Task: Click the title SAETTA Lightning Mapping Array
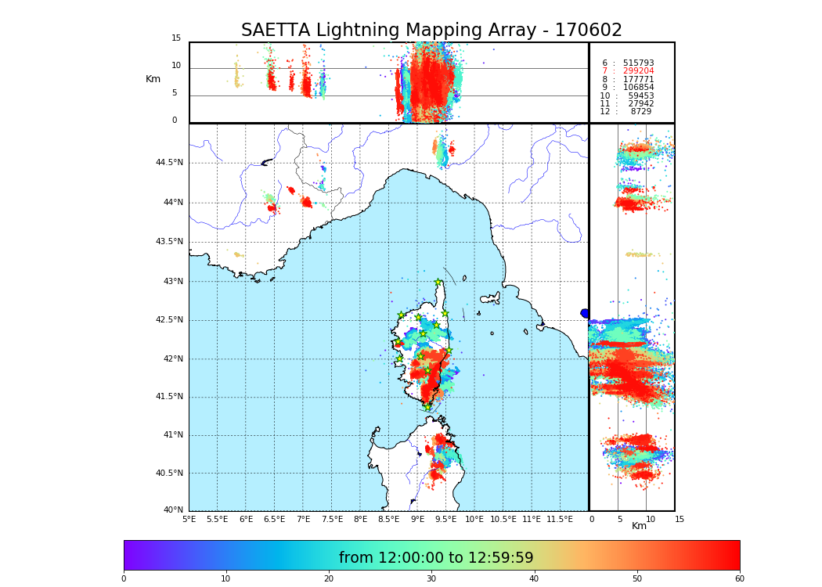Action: point(431,31)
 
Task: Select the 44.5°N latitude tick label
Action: point(169,163)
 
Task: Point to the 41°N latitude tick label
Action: point(172,435)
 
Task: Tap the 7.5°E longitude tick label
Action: point(331,519)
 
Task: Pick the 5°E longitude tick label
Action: point(189,519)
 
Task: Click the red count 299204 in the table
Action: point(638,71)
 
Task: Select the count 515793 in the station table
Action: point(638,63)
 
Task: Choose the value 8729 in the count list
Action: point(640,112)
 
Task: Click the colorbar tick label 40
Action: point(534,578)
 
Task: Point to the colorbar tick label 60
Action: point(739,578)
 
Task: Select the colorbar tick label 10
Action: point(225,578)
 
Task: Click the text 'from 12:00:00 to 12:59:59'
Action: point(436,558)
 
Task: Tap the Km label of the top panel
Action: point(153,79)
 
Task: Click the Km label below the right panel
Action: point(639,526)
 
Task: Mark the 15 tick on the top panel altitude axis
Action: point(176,38)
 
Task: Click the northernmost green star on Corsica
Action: point(438,283)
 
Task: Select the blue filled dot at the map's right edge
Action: point(585,313)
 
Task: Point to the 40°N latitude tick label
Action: point(172,510)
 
